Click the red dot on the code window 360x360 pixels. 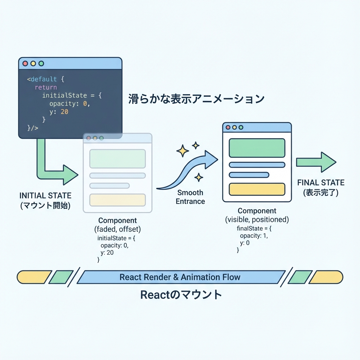pyautogui.click(x=25, y=64)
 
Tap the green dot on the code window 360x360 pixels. pyautogui.click(x=41, y=64)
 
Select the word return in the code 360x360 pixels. pyautogui.click(x=46, y=87)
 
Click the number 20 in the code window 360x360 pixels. pyautogui.click(x=64, y=112)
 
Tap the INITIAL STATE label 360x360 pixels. pyautogui.click(x=45, y=195)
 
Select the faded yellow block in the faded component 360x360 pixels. pyautogui.click(x=117, y=200)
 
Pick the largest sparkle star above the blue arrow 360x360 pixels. pyautogui.click(x=182, y=152)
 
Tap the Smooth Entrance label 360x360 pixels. pyautogui.click(x=190, y=197)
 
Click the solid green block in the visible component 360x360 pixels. pyautogui.click(x=257, y=148)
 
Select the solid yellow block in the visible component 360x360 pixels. pyautogui.click(x=257, y=189)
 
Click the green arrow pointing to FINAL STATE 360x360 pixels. pyautogui.click(x=316, y=162)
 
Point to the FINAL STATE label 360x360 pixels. pyautogui.click(x=321, y=183)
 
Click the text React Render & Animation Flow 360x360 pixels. pyautogui.click(x=180, y=277)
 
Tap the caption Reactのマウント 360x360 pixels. pyautogui.click(x=181, y=295)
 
